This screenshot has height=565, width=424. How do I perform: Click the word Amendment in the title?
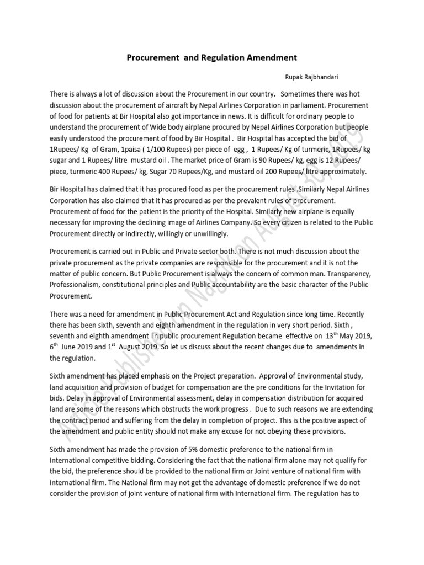tap(267, 57)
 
